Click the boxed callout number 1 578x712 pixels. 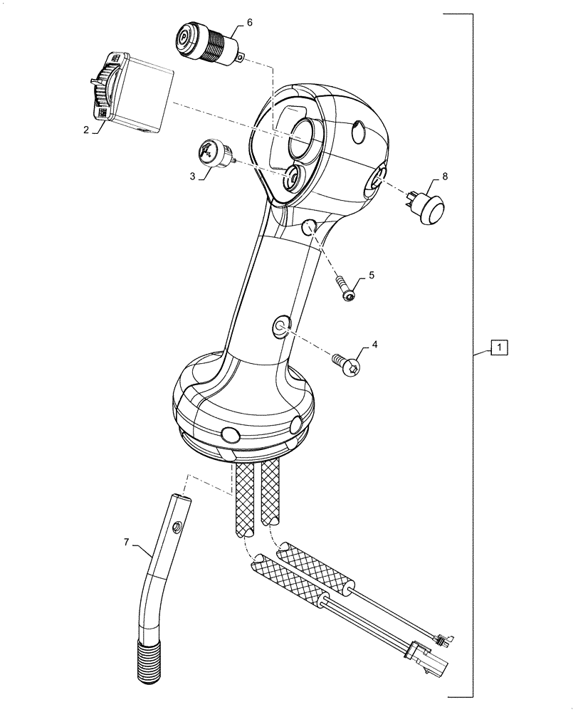tap(500, 348)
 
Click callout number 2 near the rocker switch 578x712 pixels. tap(86, 130)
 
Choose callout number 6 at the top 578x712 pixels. tap(250, 23)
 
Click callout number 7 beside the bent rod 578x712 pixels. tap(128, 543)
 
